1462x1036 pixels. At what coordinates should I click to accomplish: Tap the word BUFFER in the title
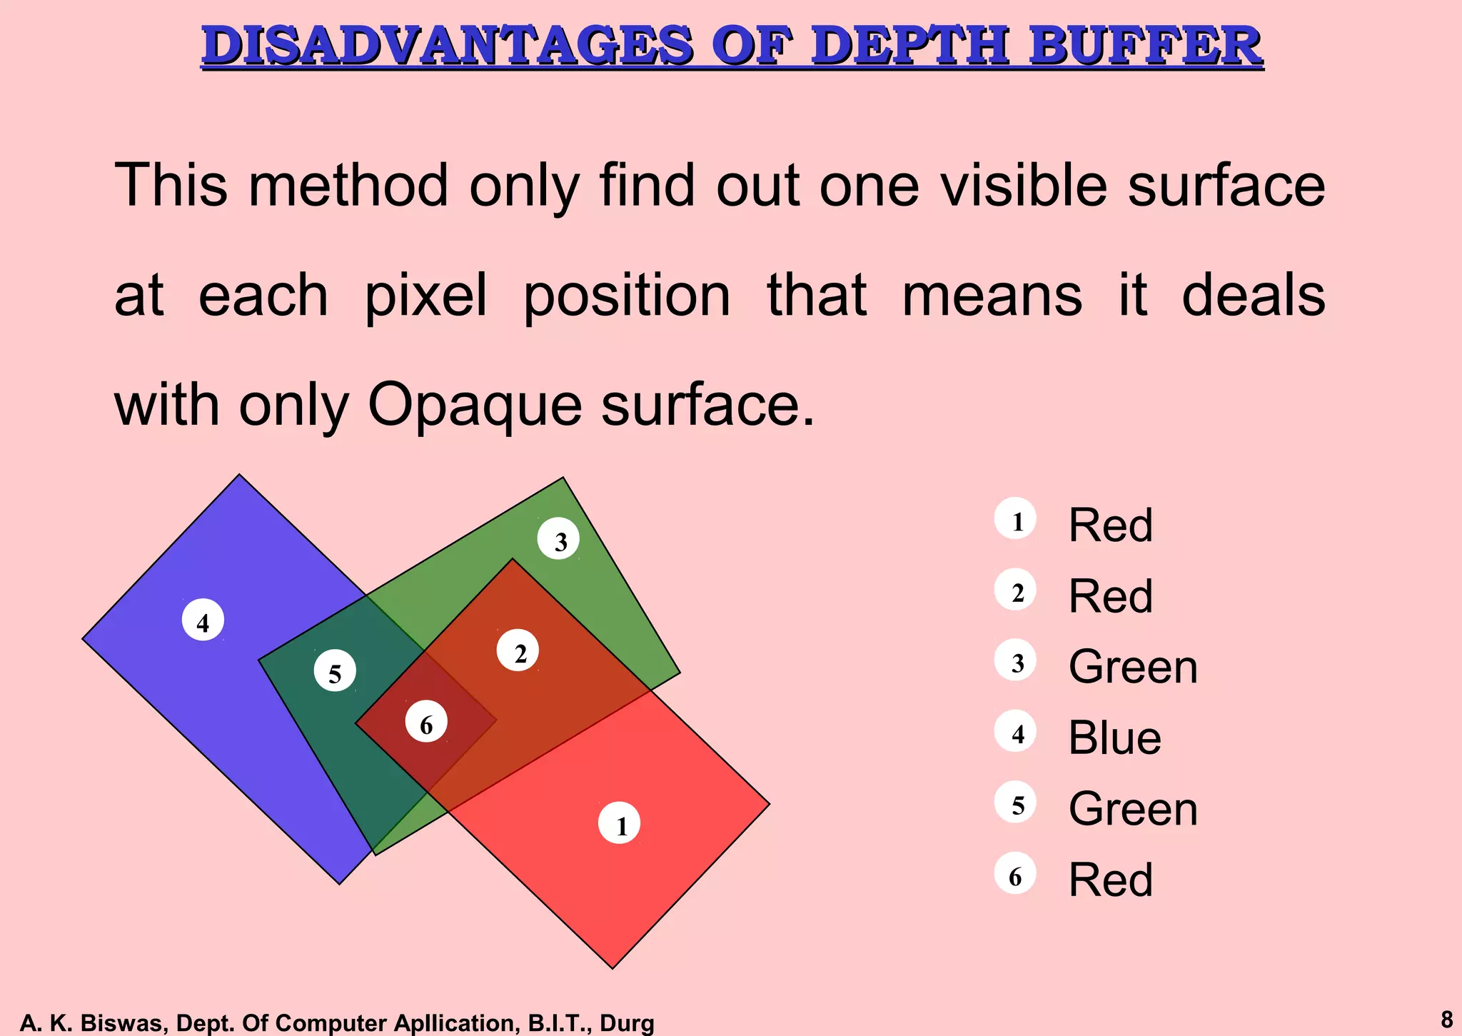click(1146, 46)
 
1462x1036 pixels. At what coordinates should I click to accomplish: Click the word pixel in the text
click(425, 296)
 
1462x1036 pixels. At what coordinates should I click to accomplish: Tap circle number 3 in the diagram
click(558, 539)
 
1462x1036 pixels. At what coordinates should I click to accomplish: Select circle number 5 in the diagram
click(335, 670)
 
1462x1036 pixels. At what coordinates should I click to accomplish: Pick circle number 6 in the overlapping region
click(426, 722)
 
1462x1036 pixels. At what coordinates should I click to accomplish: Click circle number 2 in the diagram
click(518, 650)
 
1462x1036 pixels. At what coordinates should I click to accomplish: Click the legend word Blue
click(1114, 738)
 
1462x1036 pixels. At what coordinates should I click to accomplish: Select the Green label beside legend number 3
click(1133, 667)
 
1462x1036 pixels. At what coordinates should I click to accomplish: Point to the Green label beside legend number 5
click(1133, 809)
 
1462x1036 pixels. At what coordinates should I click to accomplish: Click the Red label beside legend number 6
click(1110, 880)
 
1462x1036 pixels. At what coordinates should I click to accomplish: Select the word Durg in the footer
click(627, 1023)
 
